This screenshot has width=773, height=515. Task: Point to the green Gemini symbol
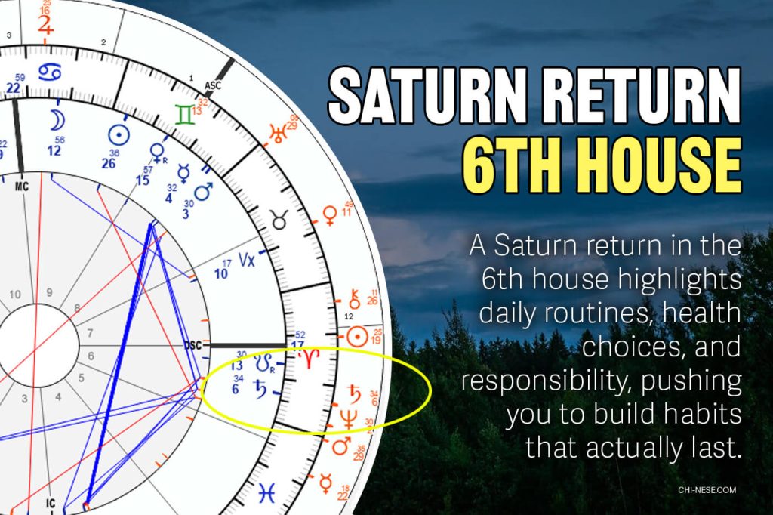coord(183,115)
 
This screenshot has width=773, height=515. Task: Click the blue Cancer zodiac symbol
coord(51,72)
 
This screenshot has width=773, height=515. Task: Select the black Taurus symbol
coord(279,220)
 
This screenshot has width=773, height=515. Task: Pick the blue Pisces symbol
coord(267,492)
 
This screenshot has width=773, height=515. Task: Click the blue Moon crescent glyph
coord(57,119)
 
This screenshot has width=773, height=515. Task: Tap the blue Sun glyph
coord(117,134)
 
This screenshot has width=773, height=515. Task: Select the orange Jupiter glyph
coord(47,25)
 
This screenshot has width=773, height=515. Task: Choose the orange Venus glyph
coord(329,217)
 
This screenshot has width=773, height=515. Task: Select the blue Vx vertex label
coord(247,262)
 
